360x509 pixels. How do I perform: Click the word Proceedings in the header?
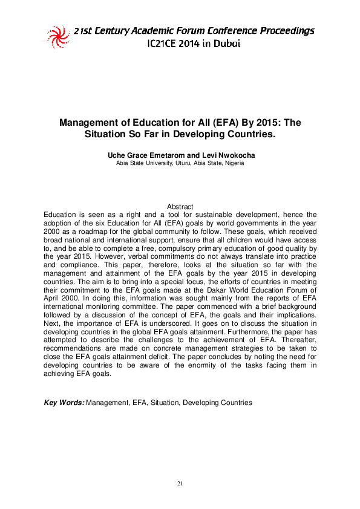click(286, 30)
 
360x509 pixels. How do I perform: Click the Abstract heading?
click(180, 207)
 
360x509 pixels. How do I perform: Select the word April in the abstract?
click(54, 293)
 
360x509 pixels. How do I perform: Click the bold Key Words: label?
click(64, 403)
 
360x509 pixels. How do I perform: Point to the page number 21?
click(180, 484)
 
